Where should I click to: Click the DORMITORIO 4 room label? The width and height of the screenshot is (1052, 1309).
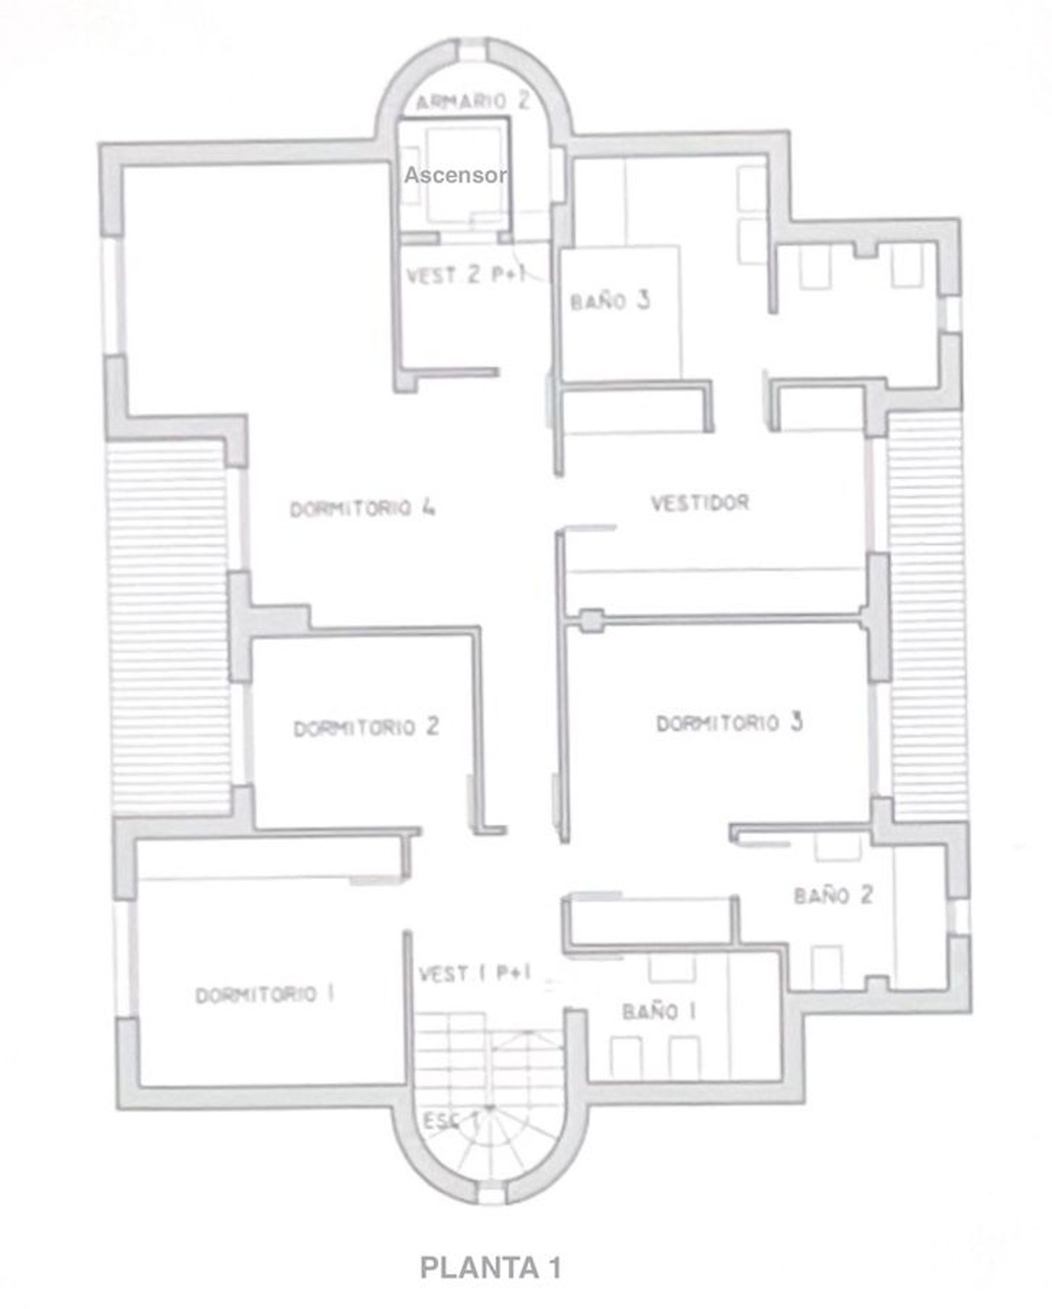point(363,507)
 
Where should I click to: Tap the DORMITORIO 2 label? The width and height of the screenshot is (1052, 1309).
point(366,727)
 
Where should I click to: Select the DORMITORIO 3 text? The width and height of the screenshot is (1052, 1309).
point(729,723)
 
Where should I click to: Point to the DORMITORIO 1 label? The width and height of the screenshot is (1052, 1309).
point(264,995)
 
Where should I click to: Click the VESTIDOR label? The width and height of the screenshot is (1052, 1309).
point(700,502)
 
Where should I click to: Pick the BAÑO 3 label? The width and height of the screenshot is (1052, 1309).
point(610,301)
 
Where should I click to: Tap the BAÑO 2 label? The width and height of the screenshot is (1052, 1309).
point(833,894)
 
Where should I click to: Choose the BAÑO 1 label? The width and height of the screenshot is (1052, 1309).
point(659,1011)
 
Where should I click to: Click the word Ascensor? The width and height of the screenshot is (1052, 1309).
point(455,175)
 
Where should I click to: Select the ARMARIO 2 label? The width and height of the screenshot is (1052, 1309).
point(472,101)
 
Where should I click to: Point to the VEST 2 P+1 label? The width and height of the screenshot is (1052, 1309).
point(466,274)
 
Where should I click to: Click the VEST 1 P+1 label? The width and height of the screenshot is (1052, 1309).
point(475,973)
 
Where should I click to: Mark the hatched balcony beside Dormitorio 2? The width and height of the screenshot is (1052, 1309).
point(168,626)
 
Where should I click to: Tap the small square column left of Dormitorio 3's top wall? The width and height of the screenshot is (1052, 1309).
point(591,620)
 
